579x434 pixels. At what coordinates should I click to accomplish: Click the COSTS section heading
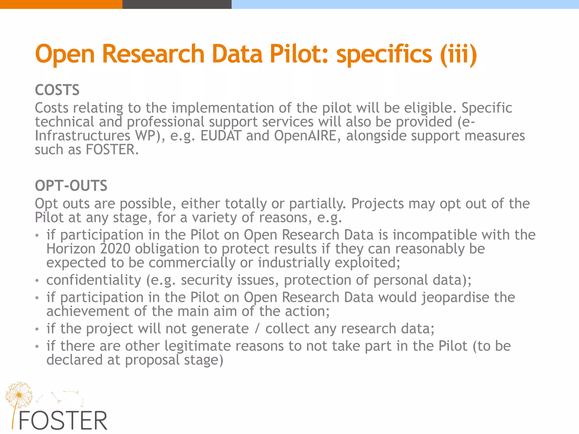57,90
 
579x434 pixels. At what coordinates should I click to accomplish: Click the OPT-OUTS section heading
71,186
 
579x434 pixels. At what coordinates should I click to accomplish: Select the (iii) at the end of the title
458,54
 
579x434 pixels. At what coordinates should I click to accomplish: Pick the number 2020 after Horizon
115,249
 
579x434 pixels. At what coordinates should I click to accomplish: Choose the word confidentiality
94,280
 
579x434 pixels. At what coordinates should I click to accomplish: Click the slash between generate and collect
257,329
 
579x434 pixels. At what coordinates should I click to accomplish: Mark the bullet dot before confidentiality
37,281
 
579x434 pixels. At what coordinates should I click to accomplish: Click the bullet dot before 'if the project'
37,329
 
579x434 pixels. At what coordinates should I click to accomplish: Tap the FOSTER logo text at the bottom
63,421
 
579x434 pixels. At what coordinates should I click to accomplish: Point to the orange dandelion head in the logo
19,394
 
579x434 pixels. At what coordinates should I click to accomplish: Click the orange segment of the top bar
61,4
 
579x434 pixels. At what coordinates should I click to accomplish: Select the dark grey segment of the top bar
177,4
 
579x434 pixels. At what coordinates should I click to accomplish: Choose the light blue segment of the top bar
405,4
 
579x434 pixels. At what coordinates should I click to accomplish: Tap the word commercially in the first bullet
192,263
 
